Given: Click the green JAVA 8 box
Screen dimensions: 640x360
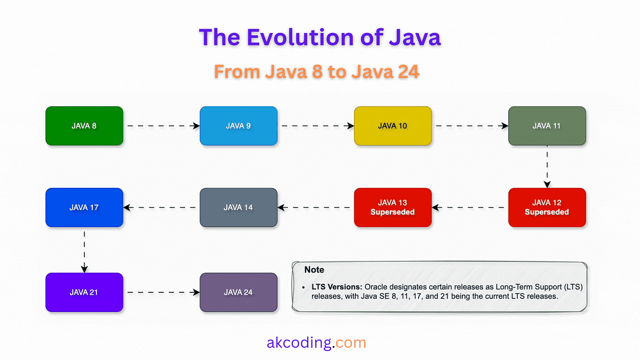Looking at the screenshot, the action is [x=84, y=126].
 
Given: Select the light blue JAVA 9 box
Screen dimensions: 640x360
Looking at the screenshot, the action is [x=238, y=126].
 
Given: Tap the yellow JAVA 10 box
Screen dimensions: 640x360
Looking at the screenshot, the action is [x=393, y=126].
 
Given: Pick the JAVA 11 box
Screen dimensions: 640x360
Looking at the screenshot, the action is [x=547, y=126].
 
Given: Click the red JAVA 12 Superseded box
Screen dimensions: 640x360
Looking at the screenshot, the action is [x=547, y=207].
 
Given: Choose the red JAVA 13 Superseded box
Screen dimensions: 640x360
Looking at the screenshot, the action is [x=393, y=207].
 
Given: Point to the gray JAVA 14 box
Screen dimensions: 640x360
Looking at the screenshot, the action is [x=238, y=207].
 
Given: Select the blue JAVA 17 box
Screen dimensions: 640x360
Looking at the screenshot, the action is [x=84, y=207].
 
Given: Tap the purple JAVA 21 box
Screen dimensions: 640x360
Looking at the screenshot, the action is [x=84, y=292].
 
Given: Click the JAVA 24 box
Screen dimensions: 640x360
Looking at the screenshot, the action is [x=238, y=292].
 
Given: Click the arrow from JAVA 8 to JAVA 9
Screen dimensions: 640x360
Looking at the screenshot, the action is [x=163, y=126].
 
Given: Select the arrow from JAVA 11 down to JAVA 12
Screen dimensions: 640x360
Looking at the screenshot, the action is [x=547, y=166].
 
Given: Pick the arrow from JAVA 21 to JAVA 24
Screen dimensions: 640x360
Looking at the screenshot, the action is [x=163, y=292].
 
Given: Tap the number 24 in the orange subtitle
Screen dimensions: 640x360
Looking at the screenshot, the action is [x=409, y=71].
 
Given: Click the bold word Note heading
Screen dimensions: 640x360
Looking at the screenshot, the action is [x=314, y=269].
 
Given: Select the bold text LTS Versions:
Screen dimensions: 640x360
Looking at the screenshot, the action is [x=337, y=286].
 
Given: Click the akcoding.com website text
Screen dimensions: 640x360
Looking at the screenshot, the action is [x=316, y=342].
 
